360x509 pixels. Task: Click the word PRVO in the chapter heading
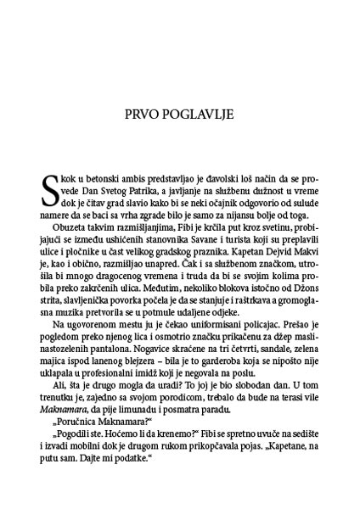pyautogui.click(x=146, y=113)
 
